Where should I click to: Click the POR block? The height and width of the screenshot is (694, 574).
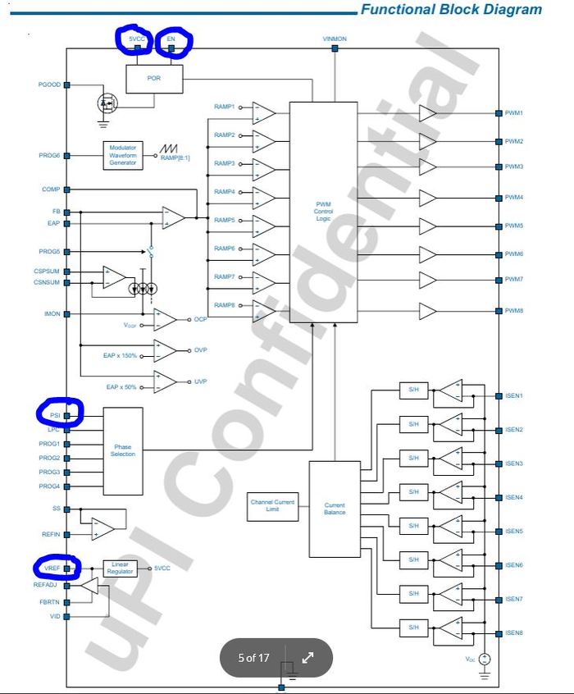[x=153, y=79]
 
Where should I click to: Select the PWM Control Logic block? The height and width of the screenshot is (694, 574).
[x=323, y=212]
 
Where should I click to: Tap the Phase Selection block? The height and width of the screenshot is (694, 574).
[x=122, y=450]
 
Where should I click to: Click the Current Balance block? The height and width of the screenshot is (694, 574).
[x=335, y=509]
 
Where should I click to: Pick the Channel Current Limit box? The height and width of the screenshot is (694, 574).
[x=272, y=505]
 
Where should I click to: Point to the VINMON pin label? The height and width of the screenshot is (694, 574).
[x=335, y=39]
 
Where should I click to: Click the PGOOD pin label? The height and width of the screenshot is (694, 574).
[x=49, y=84]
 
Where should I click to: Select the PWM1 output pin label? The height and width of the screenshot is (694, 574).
[x=514, y=112]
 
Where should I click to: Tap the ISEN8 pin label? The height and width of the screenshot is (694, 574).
[x=514, y=632]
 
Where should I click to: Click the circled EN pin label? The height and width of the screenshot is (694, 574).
[x=171, y=39]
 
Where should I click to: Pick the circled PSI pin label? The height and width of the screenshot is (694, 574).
[x=54, y=416]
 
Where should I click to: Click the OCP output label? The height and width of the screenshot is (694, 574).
[x=201, y=320]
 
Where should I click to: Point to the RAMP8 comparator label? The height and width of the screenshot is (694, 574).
[x=224, y=305]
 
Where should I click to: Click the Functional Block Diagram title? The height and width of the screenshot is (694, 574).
[x=451, y=10]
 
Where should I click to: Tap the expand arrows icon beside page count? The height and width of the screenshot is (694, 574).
[x=308, y=657]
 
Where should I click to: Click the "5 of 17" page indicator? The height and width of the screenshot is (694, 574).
[x=253, y=657]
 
